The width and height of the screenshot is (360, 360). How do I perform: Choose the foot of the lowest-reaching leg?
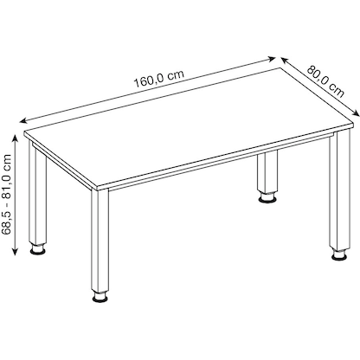pos(102,299)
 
